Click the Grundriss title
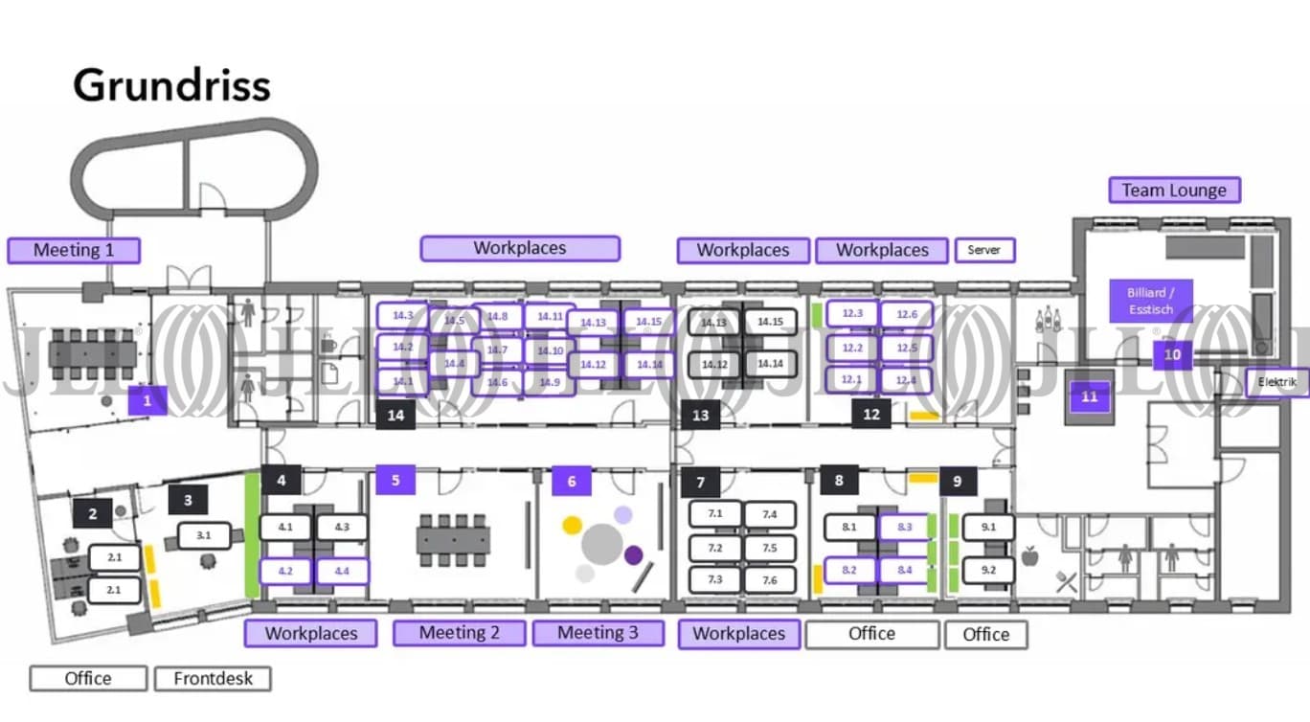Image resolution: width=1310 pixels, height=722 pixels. (172, 85)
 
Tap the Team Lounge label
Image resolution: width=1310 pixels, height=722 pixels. (1174, 190)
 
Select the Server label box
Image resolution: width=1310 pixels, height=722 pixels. (983, 250)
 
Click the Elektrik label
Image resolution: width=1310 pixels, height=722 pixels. (1276, 382)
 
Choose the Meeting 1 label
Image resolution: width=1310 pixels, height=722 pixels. (74, 251)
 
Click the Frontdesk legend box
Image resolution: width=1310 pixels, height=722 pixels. (213, 679)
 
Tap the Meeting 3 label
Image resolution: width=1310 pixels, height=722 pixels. (598, 633)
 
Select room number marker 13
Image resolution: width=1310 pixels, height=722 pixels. (700, 415)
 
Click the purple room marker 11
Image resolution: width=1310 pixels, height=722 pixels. (1089, 396)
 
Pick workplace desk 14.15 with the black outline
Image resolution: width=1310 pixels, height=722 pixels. (770, 322)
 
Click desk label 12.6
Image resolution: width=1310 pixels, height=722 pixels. (907, 314)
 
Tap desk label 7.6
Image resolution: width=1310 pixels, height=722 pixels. (770, 580)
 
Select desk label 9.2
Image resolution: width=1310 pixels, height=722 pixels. (988, 571)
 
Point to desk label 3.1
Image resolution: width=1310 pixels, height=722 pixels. (203, 535)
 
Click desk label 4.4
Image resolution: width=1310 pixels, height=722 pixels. (342, 572)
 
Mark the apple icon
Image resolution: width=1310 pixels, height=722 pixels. (1030, 555)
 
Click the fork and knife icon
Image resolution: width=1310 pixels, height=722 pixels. (1066, 579)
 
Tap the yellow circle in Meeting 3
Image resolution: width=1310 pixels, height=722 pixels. (572, 524)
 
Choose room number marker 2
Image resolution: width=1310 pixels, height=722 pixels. (93, 514)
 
